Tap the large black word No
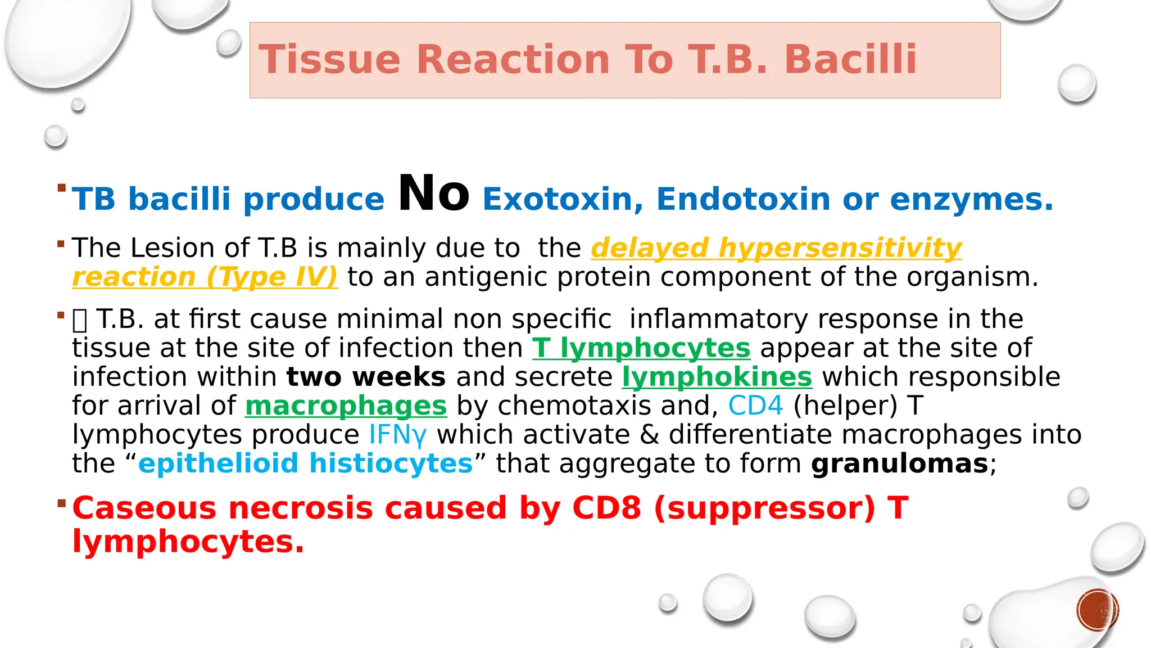tap(433, 194)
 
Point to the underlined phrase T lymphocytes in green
tap(641, 348)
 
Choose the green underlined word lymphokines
tap(717, 377)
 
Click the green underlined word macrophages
tap(346, 406)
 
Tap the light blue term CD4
tap(755, 406)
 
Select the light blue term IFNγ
tap(397, 435)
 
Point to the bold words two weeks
tap(366, 377)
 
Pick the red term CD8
tap(606, 508)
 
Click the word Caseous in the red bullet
tap(144, 508)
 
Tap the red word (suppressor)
tap(764, 508)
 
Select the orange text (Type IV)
tap(272, 277)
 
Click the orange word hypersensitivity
tap(840, 248)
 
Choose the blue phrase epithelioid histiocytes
tap(305, 464)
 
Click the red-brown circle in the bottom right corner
tap(1098, 610)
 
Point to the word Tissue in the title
tap(329, 60)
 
